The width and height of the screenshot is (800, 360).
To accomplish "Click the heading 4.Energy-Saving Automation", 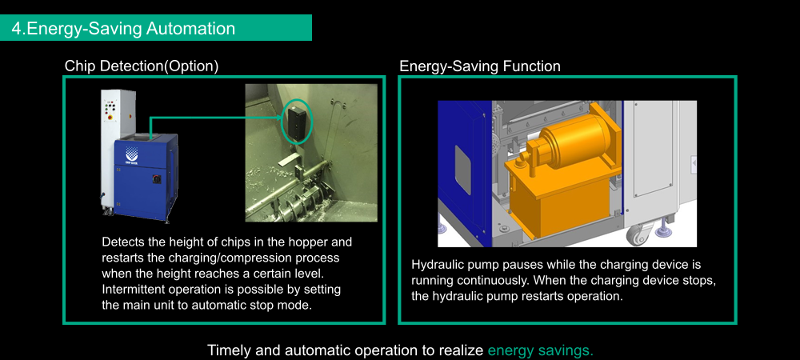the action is [123, 29].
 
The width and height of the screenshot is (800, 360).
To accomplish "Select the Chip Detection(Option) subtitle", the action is [142, 66].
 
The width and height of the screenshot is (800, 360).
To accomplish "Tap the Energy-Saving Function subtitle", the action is [479, 66].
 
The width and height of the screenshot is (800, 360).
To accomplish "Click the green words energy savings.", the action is [540, 351].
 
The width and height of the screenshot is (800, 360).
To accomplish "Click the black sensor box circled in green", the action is [296, 120].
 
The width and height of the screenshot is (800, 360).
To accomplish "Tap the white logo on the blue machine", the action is [132, 153].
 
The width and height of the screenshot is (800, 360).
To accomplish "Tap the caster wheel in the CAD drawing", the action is [637, 234].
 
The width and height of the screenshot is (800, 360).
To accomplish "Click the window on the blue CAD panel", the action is [462, 170].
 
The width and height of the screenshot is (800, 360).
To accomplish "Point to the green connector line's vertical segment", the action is [150, 127].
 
